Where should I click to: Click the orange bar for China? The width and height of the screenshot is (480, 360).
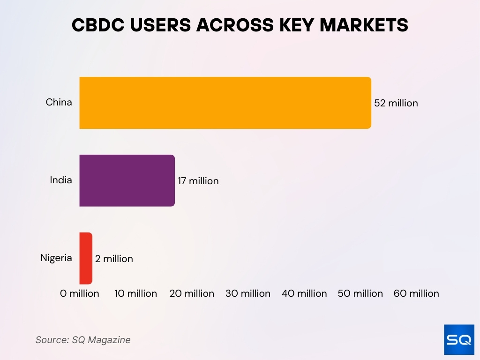[x=225, y=103]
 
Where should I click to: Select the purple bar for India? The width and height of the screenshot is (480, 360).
[x=127, y=180]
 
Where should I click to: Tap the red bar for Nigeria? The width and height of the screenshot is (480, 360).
[x=86, y=258]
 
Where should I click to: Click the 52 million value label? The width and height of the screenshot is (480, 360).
[x=396, y=103]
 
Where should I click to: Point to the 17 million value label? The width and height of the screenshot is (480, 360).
[x=198, y=181]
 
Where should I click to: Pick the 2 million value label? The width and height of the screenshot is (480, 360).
[x=114, y=259]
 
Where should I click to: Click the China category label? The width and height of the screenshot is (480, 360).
[x=59, y=102]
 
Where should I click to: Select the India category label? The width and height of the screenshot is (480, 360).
[x=61, y=180]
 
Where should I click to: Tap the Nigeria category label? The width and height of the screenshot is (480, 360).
[x=56, y=257]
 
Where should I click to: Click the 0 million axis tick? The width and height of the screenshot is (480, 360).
[x=80, y=293]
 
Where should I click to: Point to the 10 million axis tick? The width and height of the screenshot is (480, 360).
[x=136, y=293]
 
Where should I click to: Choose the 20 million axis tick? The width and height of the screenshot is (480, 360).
[x=192, y=293]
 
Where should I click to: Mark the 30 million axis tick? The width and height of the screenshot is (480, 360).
[x=248, y=293]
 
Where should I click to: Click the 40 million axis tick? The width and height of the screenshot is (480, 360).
[x=304, y=293]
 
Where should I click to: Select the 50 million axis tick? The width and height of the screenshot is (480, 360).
[x=360, y=293]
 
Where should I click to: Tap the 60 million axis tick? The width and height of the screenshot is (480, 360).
[x=416, y=293]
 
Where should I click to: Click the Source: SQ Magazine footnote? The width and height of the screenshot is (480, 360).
[x=83, y=340]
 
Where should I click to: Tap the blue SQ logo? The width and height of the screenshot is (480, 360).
[x=459, y=339]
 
